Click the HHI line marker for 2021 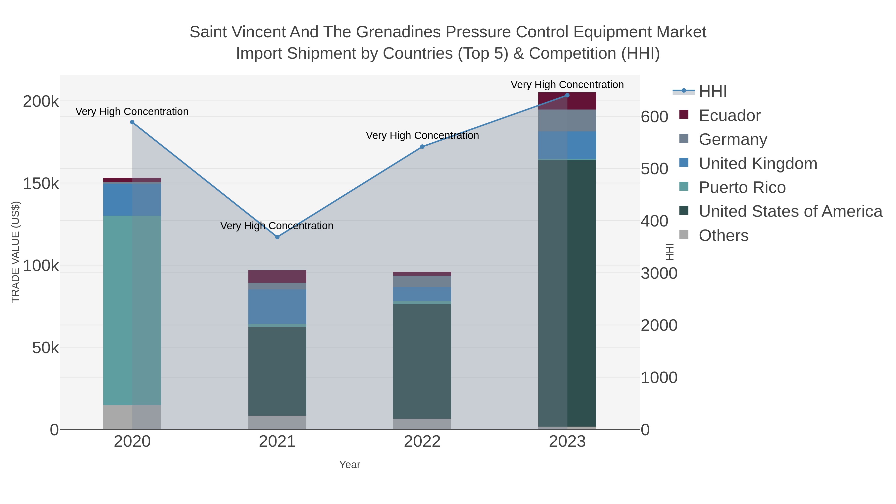pyautogui.click(x=277, y=237)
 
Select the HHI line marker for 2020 pyautogui.click(x=132, y=122)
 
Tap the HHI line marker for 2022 pyautogui.click(x=422, y=147)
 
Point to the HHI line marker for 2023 pyautogui.click(x=567, y=95)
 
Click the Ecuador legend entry pyautogui.click(x=729, y=115)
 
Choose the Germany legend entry pyautogui.click(x=732, y=139)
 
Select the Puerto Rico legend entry pyautogui.click(x=742, y=187)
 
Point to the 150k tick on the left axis pyautogui.click(x=41, y=183)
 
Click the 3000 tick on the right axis pyautogui.click(x=659, y=273)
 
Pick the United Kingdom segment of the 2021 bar pyautogui.click(x=277, y=307)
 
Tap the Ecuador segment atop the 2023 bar pyautogui.click(x=567, y=101)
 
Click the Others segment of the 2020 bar pyautogui.click(x=132, y=417)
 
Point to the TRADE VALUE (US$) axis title pyautogui.click(x=16, y=252)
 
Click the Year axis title pyautogui.click(x=350, y=465)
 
